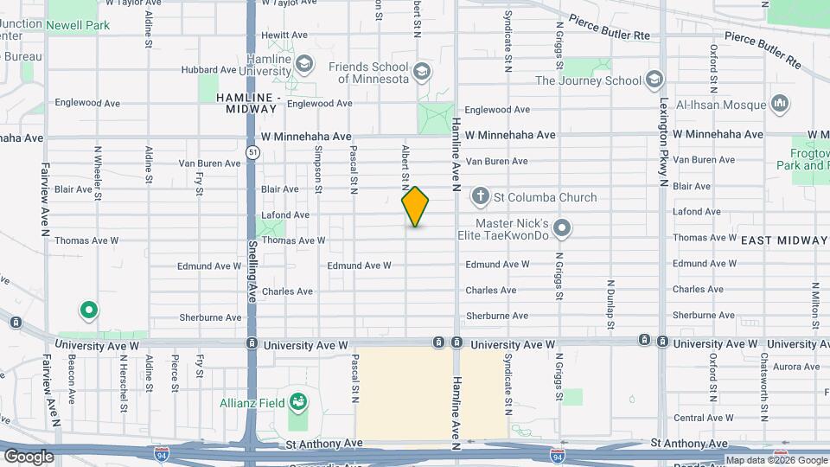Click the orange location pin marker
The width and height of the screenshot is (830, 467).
[416, 207]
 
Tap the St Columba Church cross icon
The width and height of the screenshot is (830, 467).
[481, 197]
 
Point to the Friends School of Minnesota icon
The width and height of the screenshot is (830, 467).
[423, 71]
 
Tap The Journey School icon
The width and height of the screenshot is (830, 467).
[654, 80]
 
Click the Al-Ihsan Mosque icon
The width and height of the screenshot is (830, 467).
[779, 105]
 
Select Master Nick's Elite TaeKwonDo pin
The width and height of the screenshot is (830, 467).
[563, 229]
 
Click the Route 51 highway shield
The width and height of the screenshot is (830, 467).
[252, 152]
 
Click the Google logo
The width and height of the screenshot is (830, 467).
[29, 457]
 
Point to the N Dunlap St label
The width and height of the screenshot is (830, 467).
[610, 304]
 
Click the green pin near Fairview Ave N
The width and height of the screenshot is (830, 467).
[87, 309]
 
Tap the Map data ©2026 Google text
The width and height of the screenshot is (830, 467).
[776, 460]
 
